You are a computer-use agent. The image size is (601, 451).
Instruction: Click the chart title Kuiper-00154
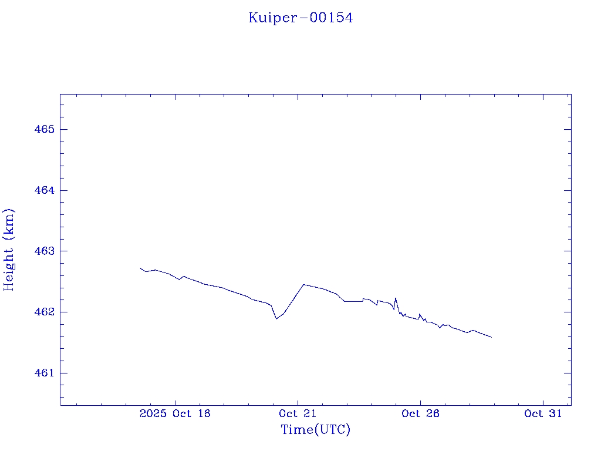pyautogui.click(x=300, y=18)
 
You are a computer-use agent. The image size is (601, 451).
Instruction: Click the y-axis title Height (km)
pyautogui.click(x=9, y=250)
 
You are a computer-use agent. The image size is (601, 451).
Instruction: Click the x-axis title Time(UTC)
pyautogui.click(x=315, y=430)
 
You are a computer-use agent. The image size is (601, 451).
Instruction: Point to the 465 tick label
pyautogui.click(x=44, y=129)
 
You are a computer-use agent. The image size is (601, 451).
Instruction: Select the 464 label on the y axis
pyautogui.click(x=44, y=190)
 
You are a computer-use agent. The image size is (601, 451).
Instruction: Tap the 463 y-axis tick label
pyautogui.click(x=44, y=251)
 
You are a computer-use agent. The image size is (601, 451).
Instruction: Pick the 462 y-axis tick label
pyautogui.click(x=44, y=312)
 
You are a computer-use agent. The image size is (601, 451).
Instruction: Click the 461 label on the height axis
pyautogui.click(x=44, y=373)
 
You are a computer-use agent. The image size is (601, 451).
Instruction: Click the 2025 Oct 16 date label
pyautogui.click(x=175, y=414)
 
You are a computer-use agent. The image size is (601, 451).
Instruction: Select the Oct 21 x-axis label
pyautogui.click(x=298, y=414)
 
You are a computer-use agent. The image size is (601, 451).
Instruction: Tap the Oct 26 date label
pyautogui.click(x=420, y=414)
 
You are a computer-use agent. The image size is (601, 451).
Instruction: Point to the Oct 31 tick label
pyautogui.click(x=543, y=414)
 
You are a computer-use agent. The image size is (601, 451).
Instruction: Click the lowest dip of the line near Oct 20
pyautogui.click(x=276, y=318)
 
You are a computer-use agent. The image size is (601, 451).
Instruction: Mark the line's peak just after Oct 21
pyautogui.click(x=303, y=284)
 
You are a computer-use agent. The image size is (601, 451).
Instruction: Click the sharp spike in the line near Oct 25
pyautogui.click(x=396, y=298)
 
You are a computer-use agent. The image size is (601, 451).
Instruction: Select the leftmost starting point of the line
pyautogui.click(x=141, y=268)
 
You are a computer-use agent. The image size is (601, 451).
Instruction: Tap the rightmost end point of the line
pyautogui.click(x=491, y=337)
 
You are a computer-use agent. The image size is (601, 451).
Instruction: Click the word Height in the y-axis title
pyautogui.click(x=9, y=264)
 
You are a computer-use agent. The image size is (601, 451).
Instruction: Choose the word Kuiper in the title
pyautogui.click(x=274, y=18)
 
